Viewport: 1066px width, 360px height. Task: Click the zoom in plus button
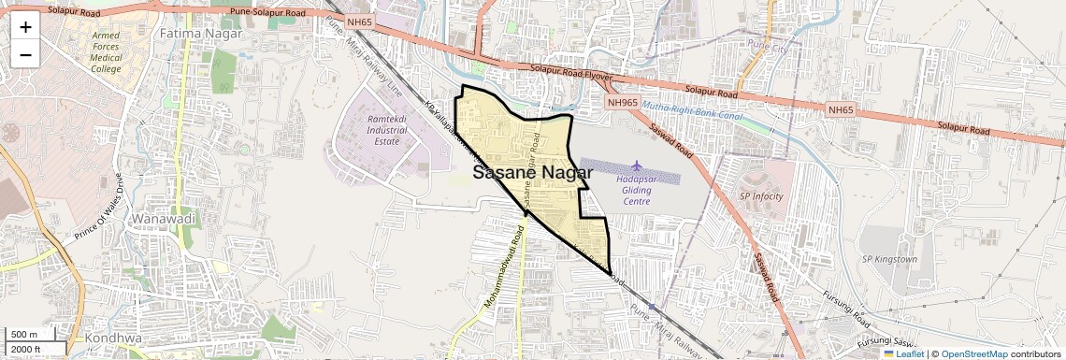pos(25,26)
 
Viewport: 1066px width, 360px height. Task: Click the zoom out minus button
pos(25,54)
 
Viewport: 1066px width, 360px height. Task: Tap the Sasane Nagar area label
pos(532,172)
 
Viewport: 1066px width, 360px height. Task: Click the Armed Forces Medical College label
pos(106,51)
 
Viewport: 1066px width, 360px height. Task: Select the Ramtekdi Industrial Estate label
pos(386,131)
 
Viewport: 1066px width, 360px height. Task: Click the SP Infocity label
pos(761,196)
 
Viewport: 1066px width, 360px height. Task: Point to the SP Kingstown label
pos(889,259)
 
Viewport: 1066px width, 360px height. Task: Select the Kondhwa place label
pos(112,337)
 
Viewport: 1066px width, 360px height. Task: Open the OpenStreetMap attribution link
pos(973,354)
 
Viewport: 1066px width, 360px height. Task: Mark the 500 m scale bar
pos(25,335)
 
